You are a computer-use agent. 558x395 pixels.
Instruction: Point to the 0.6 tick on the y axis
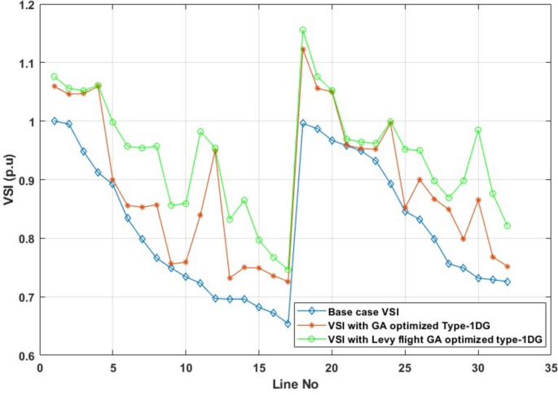coord(26,356)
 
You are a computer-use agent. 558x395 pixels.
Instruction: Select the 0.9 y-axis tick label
coord(26,180)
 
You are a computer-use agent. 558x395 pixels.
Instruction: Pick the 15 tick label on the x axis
coord(258,368)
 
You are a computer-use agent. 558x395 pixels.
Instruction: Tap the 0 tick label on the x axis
coord(40,368)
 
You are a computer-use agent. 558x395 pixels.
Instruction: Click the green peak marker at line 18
coord(303,30)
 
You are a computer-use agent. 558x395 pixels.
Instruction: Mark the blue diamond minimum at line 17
coord(288,323)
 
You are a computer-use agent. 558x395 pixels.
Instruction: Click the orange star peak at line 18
coord(303,50)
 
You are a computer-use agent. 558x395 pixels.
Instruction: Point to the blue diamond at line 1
coord(55,121)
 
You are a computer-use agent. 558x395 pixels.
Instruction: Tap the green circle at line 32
coord(507,226)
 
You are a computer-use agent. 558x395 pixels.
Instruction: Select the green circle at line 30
coord(478,129)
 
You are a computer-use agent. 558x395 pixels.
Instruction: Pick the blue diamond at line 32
coord(507,282)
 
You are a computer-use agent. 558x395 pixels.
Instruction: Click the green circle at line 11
coord(200,131)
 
